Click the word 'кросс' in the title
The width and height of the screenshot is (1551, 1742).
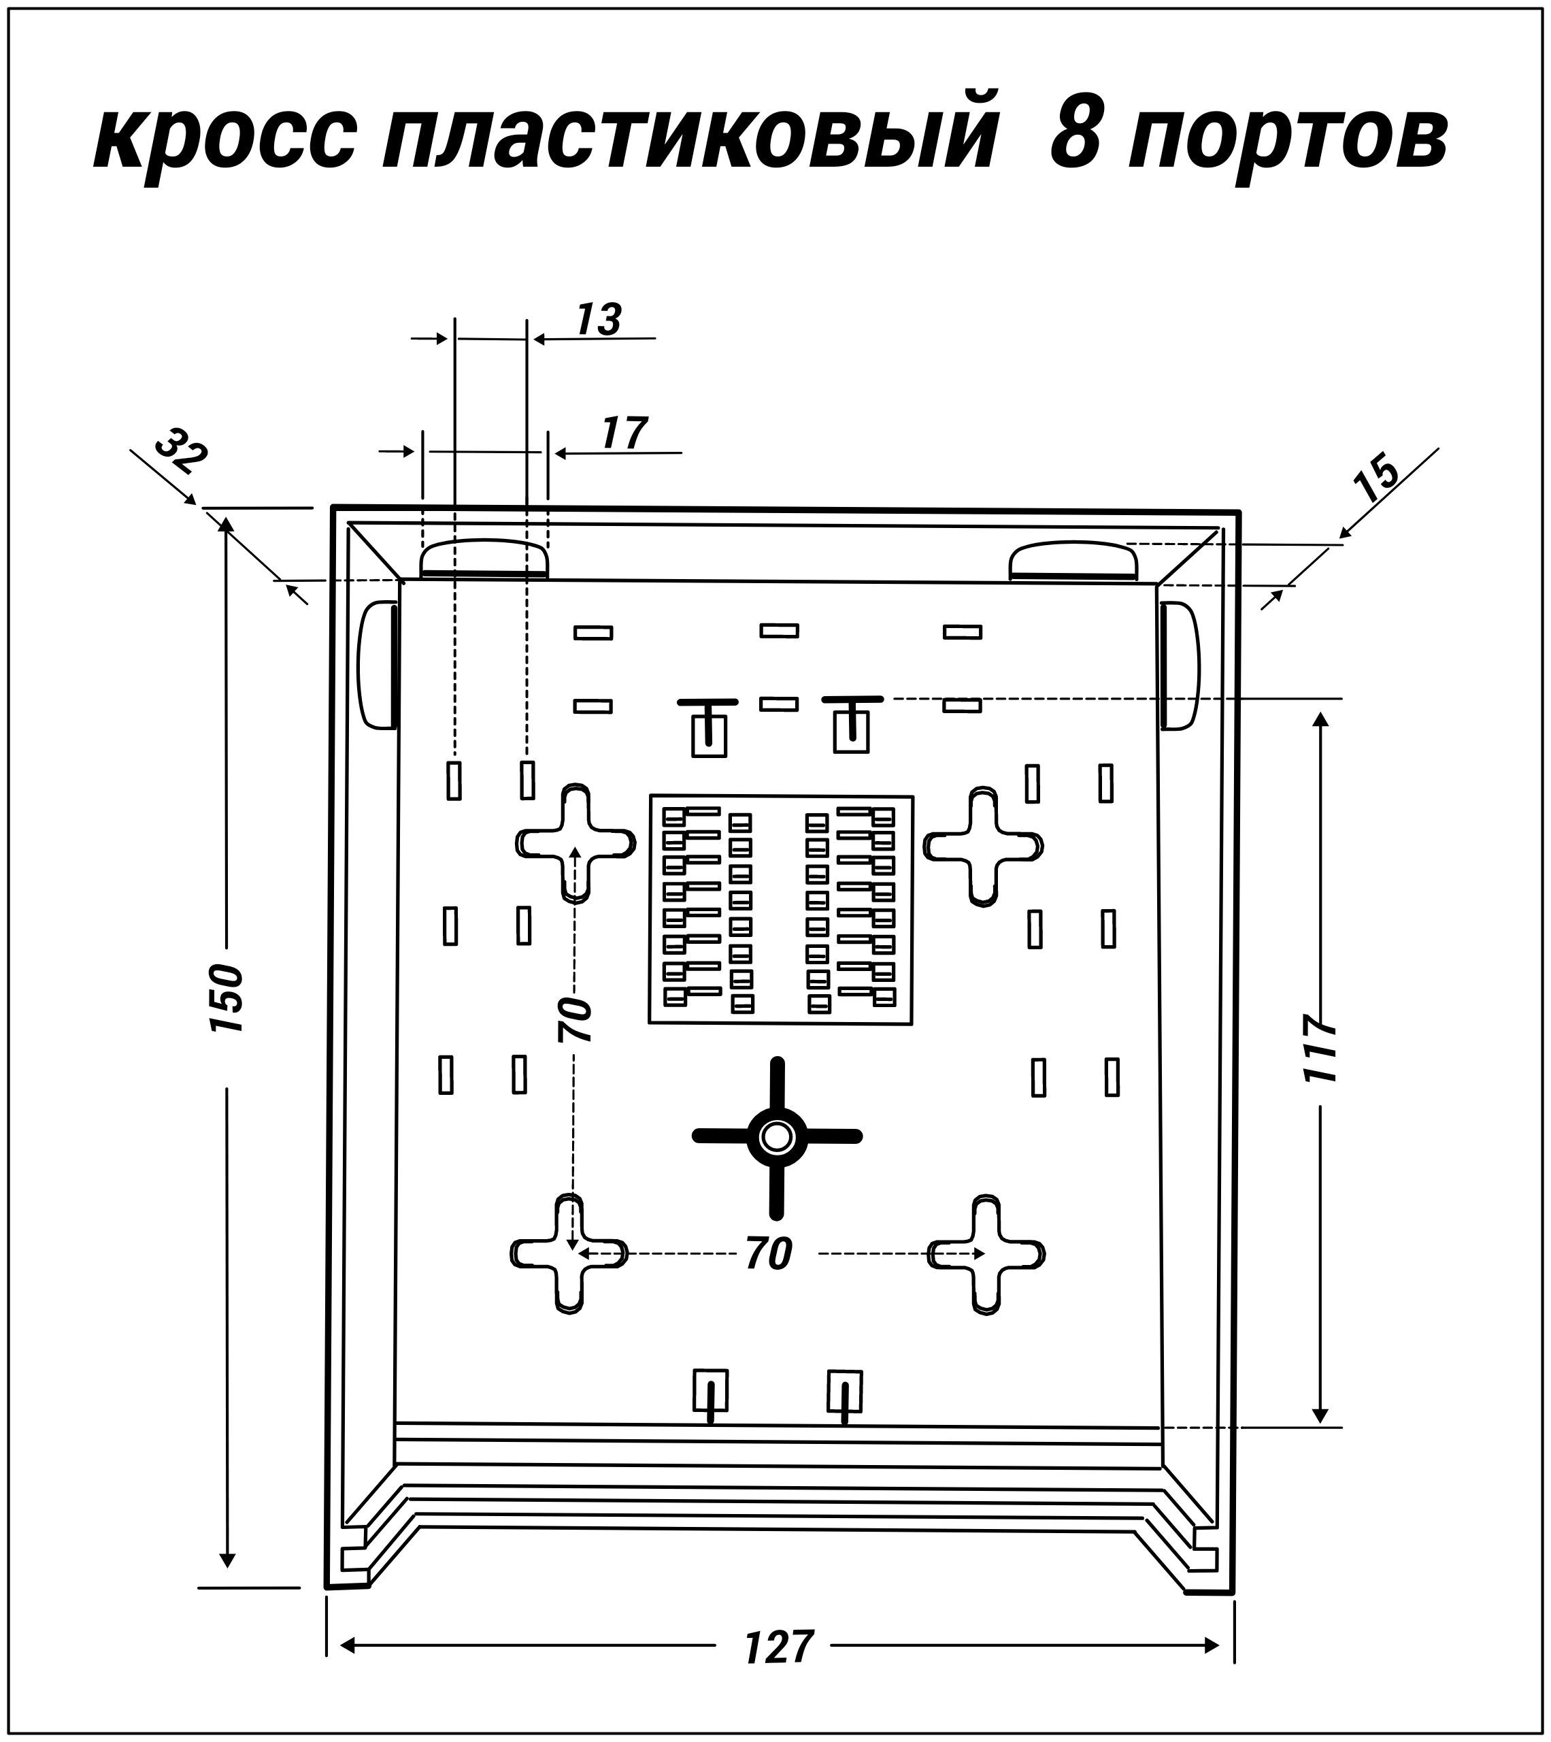[224, 137]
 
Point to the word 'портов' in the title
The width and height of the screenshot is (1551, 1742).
[1291, 137]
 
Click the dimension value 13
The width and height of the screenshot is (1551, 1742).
[599, 320]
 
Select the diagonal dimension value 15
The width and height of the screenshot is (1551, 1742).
[1377, 482]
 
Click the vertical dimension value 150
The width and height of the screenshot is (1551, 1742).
[227, 1000]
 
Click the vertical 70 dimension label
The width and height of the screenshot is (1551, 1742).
[576, 1019]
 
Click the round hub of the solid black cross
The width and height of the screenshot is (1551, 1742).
[776, 1136]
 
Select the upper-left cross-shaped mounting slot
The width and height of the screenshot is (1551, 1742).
[576, 844]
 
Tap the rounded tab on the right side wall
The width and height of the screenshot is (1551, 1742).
[1179, 665]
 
